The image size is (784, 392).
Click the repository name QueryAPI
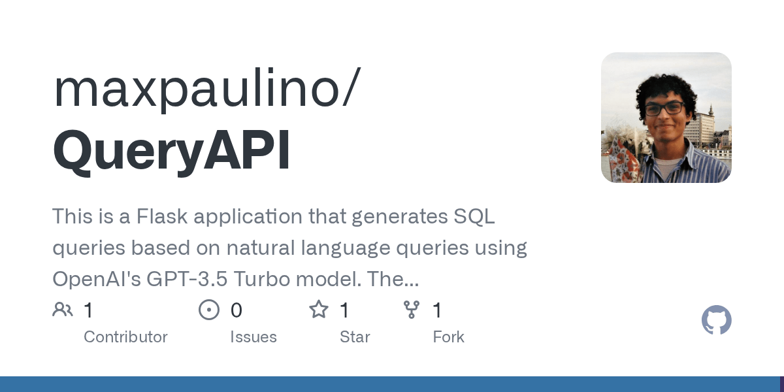click(x=171, y=152)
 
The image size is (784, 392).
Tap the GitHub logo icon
click(x=716, y=321)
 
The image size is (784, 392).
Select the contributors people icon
click(x=63, y=310)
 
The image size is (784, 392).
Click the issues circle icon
click(x=208, y=310)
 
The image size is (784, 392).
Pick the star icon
click(x=318, y=310)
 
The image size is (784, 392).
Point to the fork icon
click(x=412, y=310)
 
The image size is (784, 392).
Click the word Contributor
click(x=125, y=337)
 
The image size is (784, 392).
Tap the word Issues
click(x=253, y=337)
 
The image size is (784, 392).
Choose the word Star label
click(x=355, y=337)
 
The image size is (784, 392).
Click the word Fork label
click(x=448, y=337)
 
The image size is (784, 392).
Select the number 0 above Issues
click(x=237, y=310)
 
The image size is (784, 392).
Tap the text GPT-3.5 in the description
click(x=188, y=280)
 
